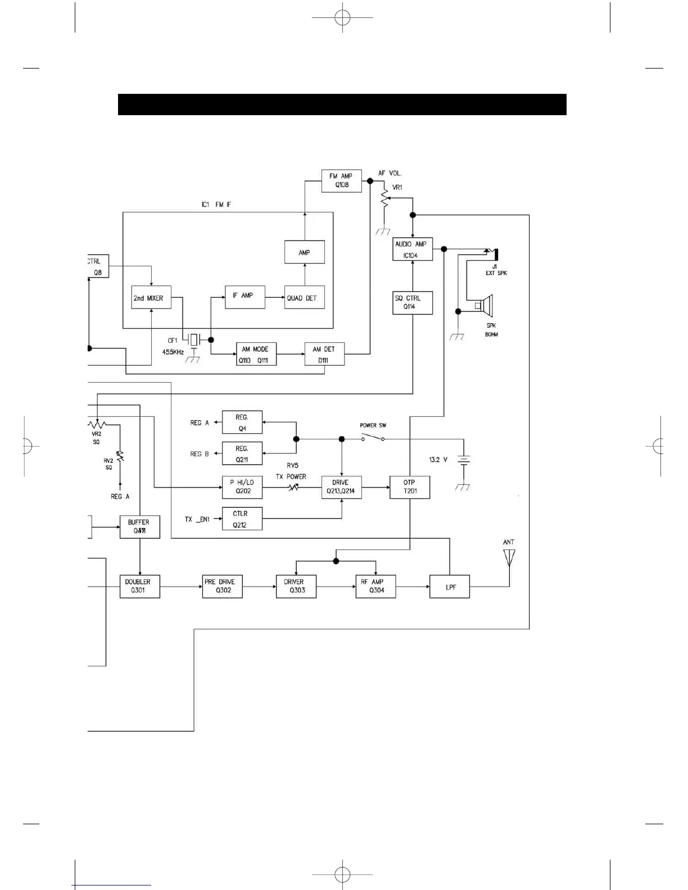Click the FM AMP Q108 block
(x=341, y=181)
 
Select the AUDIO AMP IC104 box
(x=413, y=249)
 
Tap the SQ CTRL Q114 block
(x=413, y=302)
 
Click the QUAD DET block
(x=304, y=298)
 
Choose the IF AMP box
(x=245, y=296)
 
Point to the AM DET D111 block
(x=324, y=355)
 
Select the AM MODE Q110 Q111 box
(x=256, y=355)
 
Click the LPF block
(x=450, y=587)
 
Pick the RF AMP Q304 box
(x=375, y=586)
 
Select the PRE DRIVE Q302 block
(x=222, y=586)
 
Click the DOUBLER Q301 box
(x=139, y=586)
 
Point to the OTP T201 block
(x=410, y=487)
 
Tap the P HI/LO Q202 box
(x=242, y=487)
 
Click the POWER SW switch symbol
(x=373, y=437)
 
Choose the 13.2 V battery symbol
(x=464, y=460)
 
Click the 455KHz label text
(x=173, y=352)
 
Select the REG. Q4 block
(x=242, y=423)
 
